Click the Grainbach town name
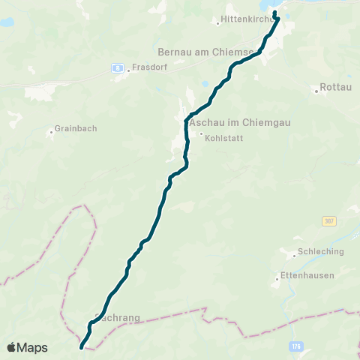(x=76, y=129)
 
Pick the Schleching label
(x=321, y=252)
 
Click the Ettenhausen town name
(x=307, y=276)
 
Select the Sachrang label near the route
(x=120, y=318)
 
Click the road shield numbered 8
(x=118, y=68)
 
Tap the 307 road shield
(x=328, y=221)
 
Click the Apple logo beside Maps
(x=11, y=347)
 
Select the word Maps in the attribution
(x=32, y=347)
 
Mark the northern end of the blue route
(x=275, y=12)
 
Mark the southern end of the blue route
(x=82, y=347)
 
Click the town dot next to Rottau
(x=316, y=90)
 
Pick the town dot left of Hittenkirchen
(x=217, y=23)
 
